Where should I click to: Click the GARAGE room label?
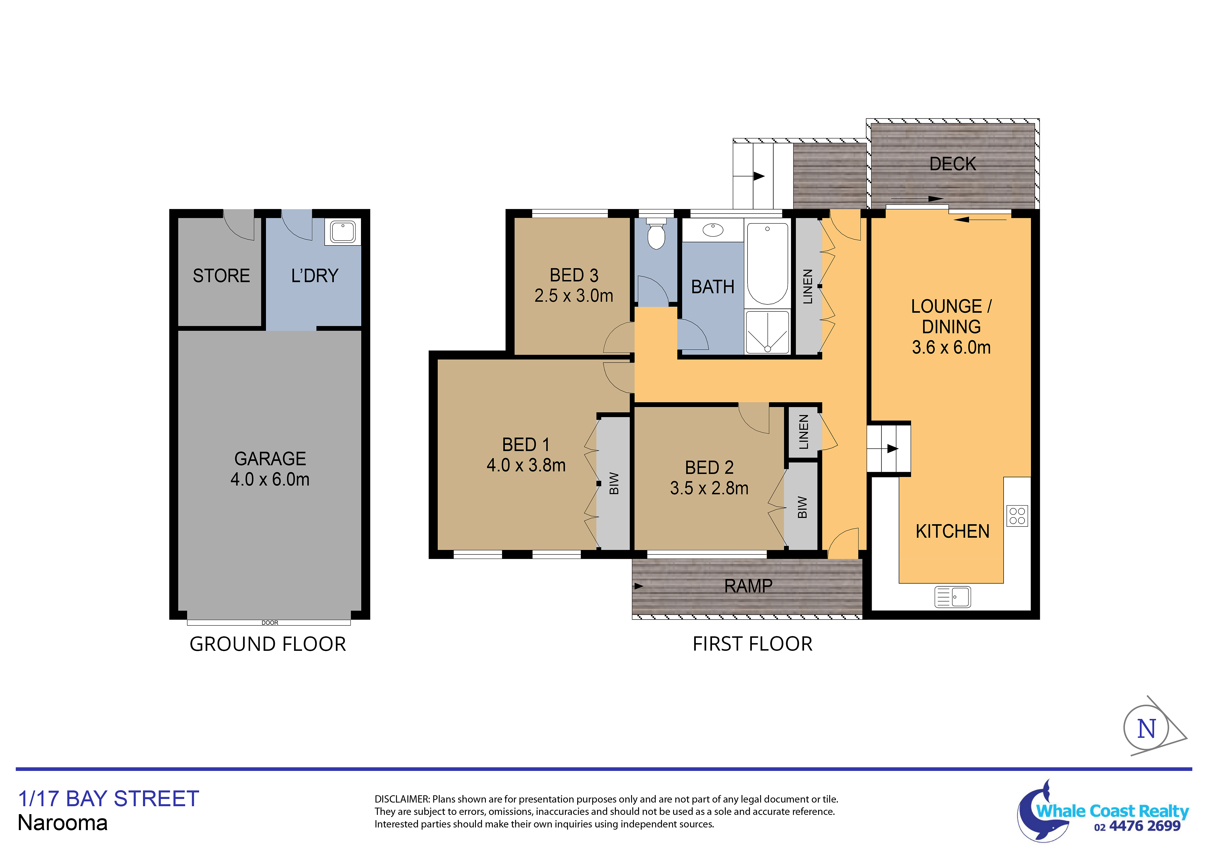coord(270,459)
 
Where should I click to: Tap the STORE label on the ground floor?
coord(222,276)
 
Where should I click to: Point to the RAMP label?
coord(748,586)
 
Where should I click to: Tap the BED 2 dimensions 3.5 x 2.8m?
coord(709,488)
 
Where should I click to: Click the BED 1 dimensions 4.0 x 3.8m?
coord(526,465)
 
